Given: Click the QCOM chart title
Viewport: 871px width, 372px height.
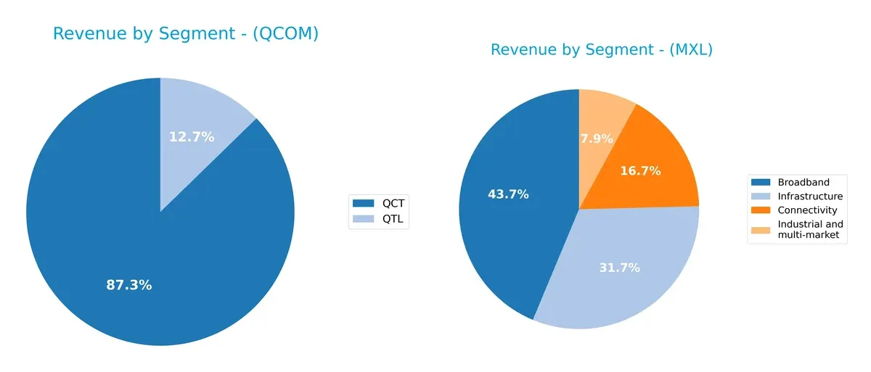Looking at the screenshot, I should pyautogui.click(x=185, y=33).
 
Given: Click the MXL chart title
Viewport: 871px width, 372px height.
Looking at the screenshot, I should pyautogui.click(x=601, y=50).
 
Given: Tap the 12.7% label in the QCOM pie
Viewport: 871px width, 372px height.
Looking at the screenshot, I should pyautogui.click(x=192, y=136).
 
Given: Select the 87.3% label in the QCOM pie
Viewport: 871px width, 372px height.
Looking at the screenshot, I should pyautogui.click(x=129, y=285).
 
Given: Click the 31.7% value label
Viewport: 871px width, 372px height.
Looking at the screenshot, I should pyautogui.click(x=618, y=268).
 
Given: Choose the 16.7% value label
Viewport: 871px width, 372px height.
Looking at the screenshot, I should pyautogui.click(x=639, y=171).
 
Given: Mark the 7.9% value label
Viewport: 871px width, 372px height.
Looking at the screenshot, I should pyautogui.click(x=597, y=139).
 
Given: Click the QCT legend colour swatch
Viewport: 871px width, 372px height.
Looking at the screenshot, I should pyautogui.click(x=362, y=203).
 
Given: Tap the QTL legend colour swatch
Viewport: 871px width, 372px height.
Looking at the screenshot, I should pyautogui.click(x=362, y=218).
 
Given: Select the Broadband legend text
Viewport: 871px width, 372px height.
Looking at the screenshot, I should pyautogui.click(x=803, y=182).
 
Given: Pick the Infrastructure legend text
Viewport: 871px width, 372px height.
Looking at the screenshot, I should pyautogui.click(x=810, y=196).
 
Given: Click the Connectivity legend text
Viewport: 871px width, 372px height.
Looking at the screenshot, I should pyautogui.click(x=807, y=210).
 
